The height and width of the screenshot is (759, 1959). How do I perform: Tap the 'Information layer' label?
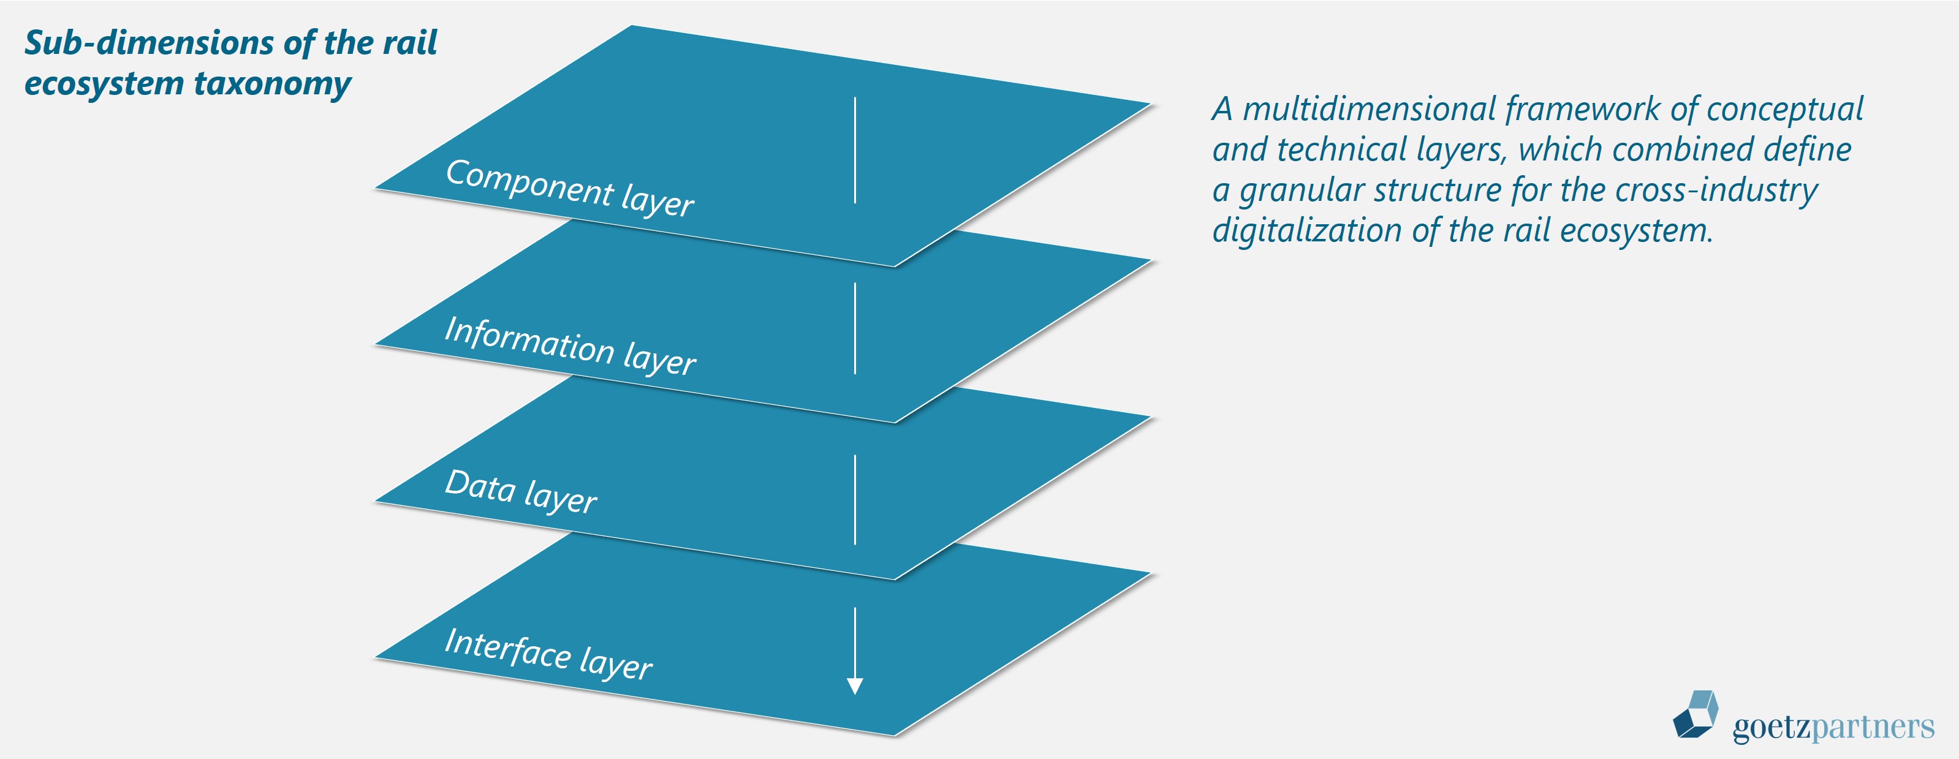570,346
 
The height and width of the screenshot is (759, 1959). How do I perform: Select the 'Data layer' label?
521,492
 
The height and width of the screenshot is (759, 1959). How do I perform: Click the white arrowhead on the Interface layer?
855,685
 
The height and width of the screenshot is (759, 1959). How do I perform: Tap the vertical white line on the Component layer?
855,150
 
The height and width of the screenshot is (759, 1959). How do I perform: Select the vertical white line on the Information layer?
855,328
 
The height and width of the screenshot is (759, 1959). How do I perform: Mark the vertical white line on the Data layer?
855,500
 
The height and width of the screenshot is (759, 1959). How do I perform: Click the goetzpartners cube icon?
1695,714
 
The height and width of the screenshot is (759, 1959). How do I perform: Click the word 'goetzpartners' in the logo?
1833,727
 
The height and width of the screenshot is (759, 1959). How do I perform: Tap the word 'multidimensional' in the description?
1370,109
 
